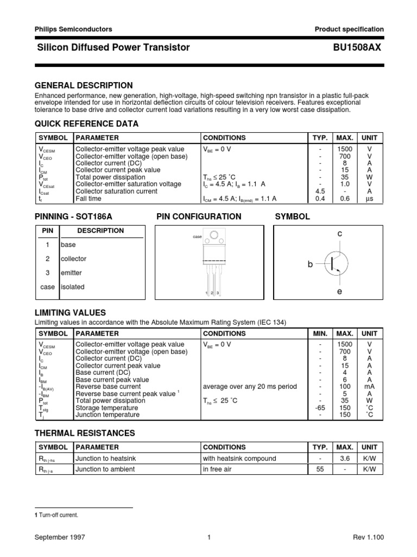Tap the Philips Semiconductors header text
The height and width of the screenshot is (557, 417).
73,29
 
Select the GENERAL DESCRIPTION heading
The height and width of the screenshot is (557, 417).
84,85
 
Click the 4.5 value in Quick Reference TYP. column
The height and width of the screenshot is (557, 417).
320,191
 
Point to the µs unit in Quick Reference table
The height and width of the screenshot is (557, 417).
369,199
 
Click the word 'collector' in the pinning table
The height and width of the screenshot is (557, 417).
73,259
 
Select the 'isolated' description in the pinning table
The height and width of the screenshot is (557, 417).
73,287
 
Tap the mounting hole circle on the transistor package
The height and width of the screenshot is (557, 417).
215,236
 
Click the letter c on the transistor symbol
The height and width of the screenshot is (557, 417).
339,233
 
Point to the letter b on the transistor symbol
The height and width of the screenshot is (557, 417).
310,264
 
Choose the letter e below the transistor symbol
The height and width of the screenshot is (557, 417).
339,293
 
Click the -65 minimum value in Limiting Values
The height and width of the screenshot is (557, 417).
320,408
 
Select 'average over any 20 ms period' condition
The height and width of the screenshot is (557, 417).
250,387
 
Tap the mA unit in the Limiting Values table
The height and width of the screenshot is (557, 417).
369,387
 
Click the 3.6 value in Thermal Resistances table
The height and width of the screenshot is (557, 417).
345,459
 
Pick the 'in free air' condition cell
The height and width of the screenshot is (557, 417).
217,469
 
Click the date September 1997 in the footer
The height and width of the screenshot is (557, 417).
60,537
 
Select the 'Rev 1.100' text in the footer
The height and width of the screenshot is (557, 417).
368,537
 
